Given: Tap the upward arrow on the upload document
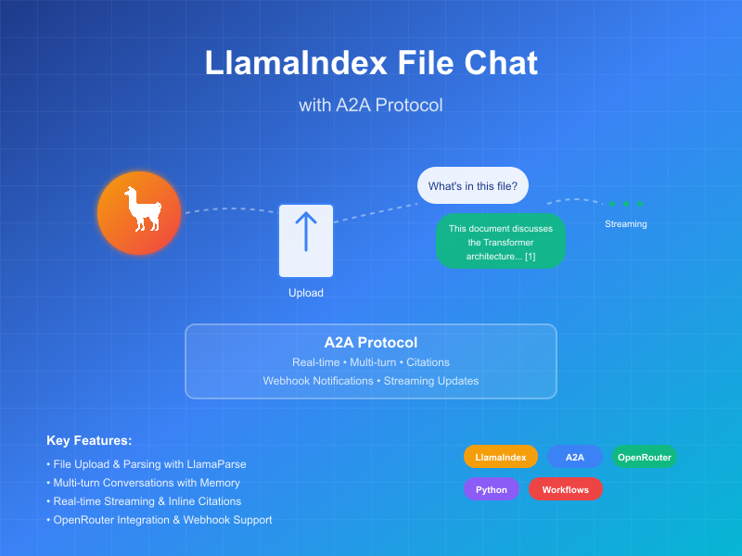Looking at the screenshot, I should coord(306,232).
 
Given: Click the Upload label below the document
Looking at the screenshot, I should coord(306,293).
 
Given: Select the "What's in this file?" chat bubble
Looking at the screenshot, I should coord(473,185).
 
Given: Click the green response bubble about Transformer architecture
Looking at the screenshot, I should coord(500,242).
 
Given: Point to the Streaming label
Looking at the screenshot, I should coord(625,224).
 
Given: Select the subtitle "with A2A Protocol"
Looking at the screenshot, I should coord(371,106).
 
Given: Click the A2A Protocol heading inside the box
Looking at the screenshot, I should coord(371,342).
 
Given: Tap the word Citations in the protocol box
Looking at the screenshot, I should coord(428,362).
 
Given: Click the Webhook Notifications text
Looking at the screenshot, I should coord(316,381).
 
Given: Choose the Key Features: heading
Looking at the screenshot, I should coord(89,441).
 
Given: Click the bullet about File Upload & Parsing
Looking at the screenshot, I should coord(147,464).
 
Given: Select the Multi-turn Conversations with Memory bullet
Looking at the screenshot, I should coord(143,483).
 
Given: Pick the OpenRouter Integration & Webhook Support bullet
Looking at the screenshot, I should coord(159,520).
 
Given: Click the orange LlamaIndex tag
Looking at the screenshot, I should coord(501,457).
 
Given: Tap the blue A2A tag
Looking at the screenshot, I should coord(575,457).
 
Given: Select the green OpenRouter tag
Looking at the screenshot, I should coord(644,457).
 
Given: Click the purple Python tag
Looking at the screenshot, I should coord(492,489).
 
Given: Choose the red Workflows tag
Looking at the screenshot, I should coord(566,489).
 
